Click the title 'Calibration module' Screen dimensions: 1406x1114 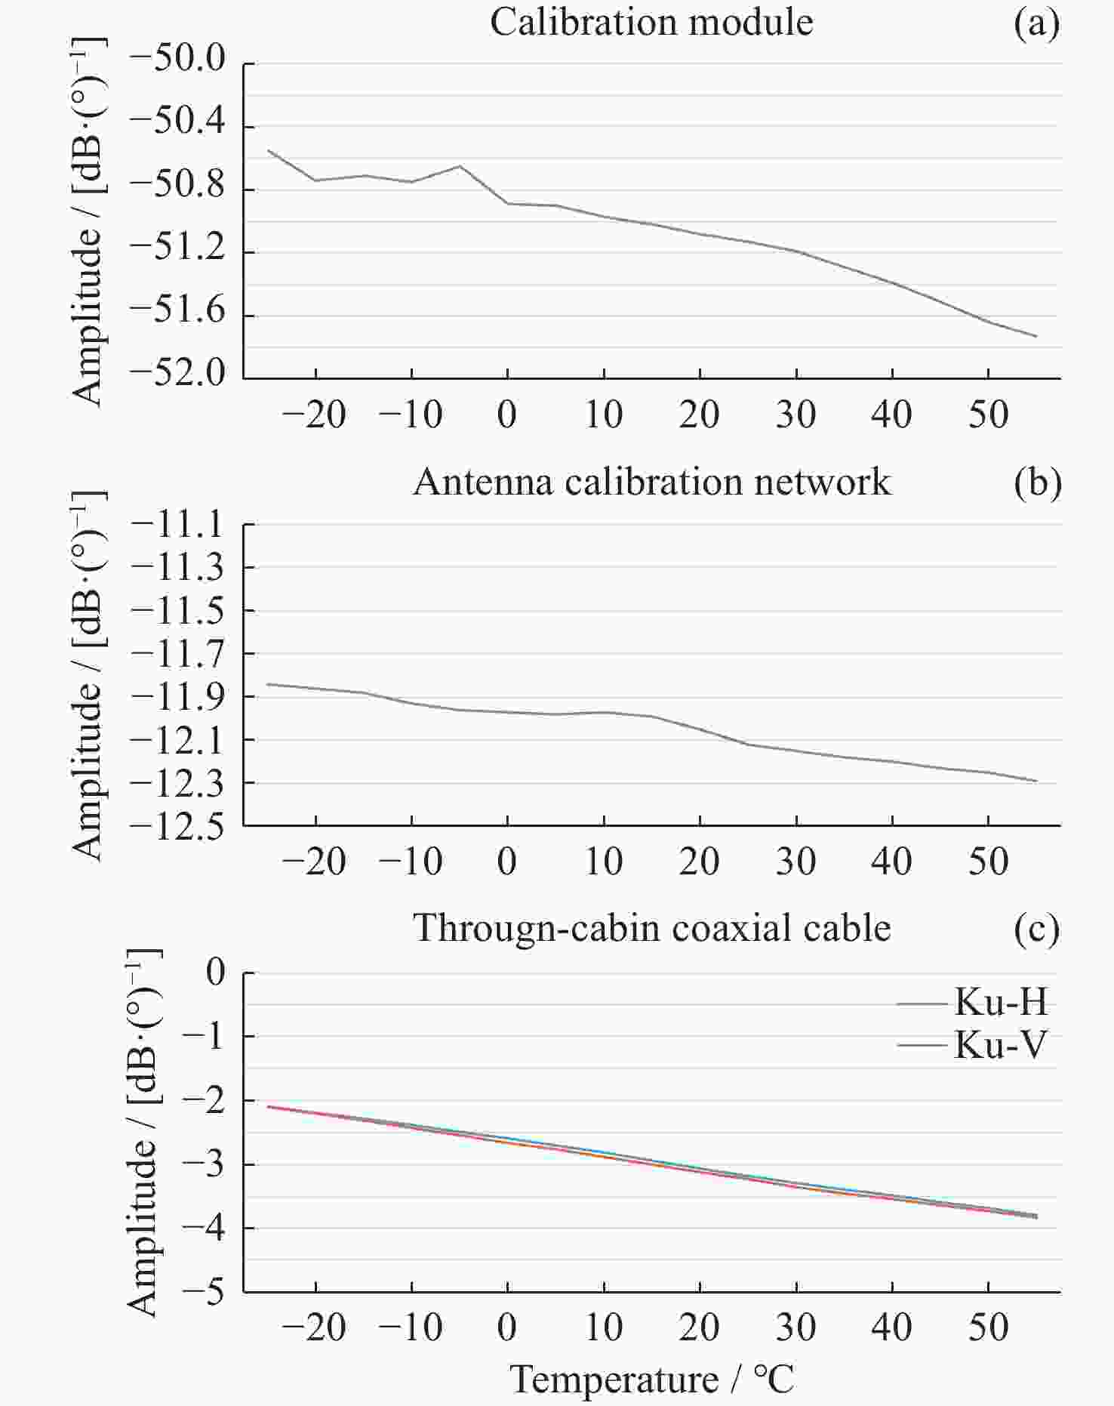651,23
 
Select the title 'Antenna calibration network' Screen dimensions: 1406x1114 651,482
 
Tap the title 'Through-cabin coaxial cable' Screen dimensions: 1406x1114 651,927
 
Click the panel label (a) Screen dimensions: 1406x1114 1037,24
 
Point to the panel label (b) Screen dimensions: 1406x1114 1038,483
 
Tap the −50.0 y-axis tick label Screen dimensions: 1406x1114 178,59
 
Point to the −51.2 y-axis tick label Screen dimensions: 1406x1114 178,249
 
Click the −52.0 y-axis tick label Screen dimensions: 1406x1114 178,374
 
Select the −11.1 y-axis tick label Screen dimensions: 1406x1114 178,524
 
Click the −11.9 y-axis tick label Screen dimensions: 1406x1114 178,696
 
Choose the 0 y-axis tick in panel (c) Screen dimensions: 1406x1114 216,972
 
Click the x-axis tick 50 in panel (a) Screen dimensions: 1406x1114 988,415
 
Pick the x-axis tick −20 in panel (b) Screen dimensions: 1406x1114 314,862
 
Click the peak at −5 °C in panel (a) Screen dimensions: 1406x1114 460,166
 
